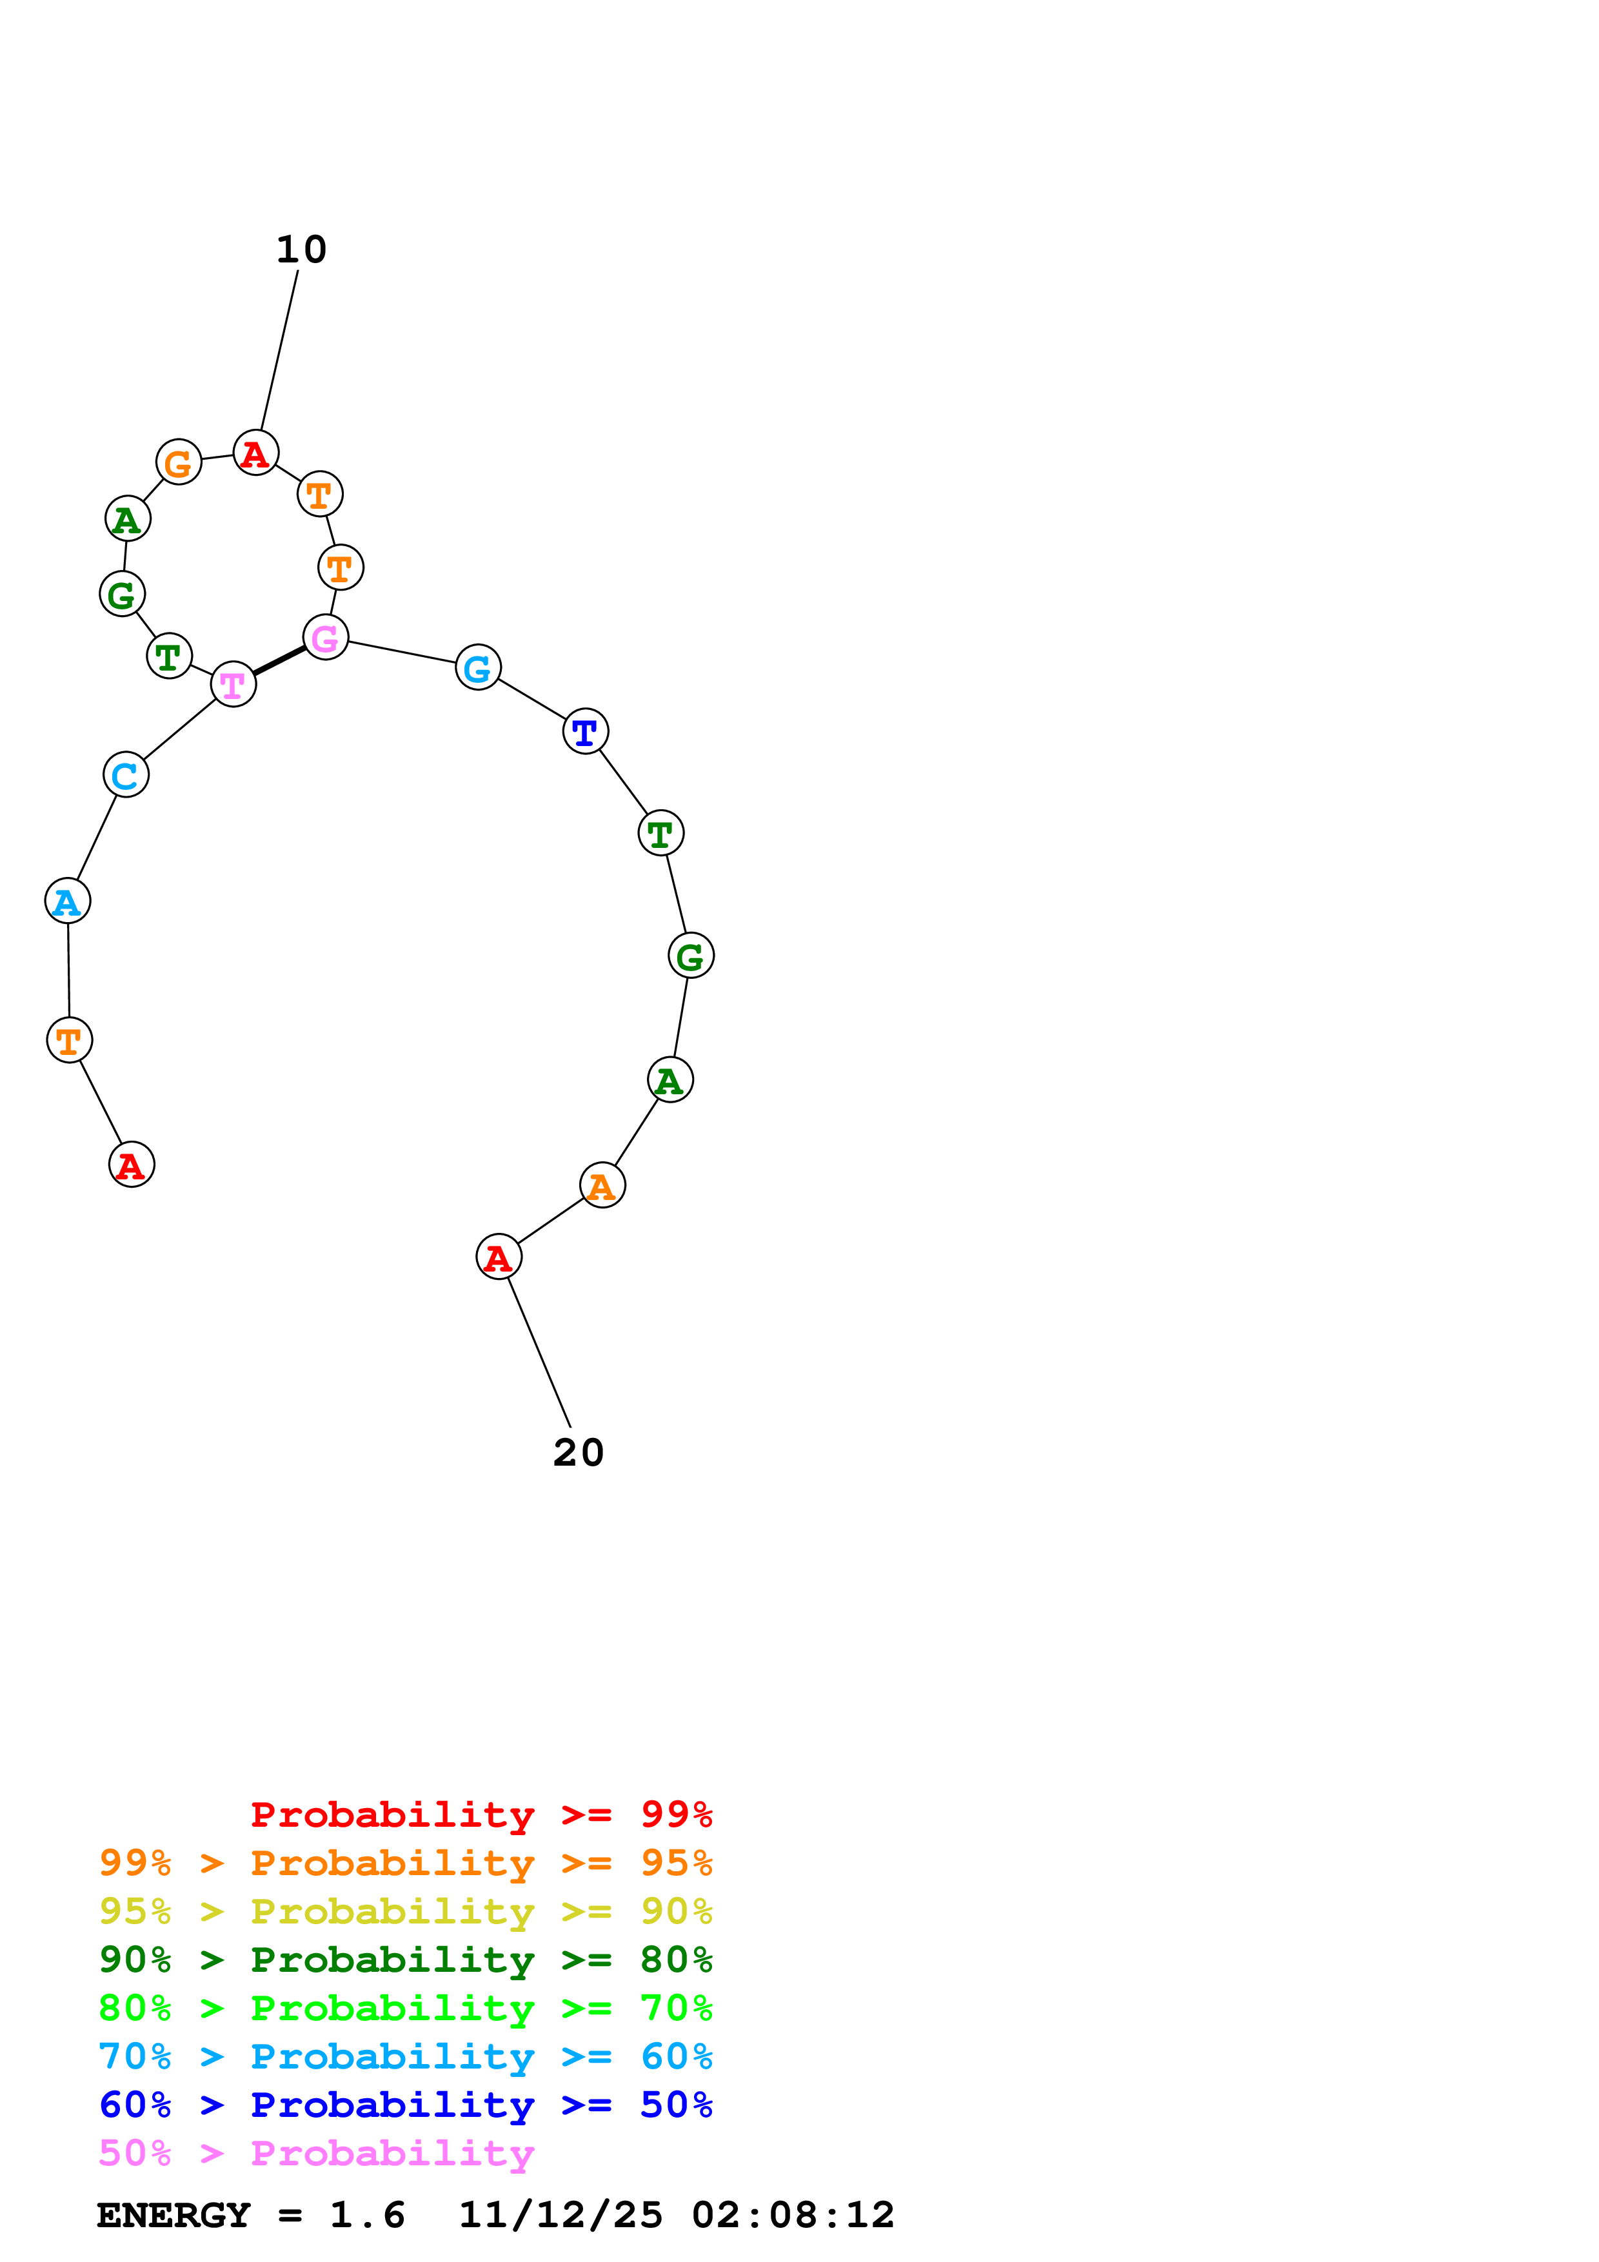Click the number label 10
[x=301, y=250]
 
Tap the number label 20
[x=579, y=1453]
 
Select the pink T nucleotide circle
[x=233, y=685]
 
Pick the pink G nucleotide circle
[x=325, y=638]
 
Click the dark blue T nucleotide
[x=585, y=732]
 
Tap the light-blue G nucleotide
[x=478, y=669]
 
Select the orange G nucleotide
[x=178, y=462]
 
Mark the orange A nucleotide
[x=602, y=1185]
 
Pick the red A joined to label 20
[x=499, y=1258]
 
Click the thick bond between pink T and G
[x=279, y=661]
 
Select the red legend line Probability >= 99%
[x=481, y=1815]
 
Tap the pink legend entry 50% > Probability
[x=316, y=2154]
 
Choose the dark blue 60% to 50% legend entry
[x=405, y=2105]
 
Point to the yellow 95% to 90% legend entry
[x=405, y=1911]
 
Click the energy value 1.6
[x=366, y=2216]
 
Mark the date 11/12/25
[x=561, y=2216]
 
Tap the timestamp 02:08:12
[x=793, y=2216]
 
